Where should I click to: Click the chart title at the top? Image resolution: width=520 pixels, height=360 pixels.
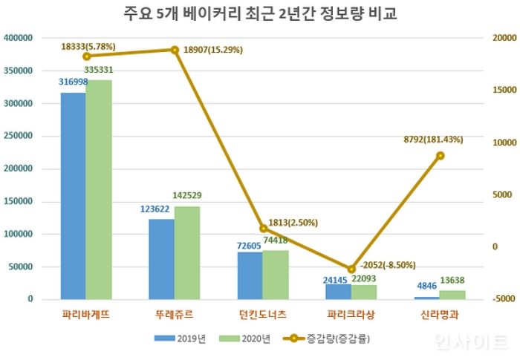[x=259, y=14]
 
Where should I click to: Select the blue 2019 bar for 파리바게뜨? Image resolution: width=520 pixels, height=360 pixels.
[x=74, y=196]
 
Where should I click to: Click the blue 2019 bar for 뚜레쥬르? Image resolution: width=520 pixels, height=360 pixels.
[x=162, y=259]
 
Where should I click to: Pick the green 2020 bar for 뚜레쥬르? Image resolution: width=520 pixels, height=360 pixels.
[x=187, y=253]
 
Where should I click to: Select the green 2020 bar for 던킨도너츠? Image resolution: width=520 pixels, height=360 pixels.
[x=275, y=275]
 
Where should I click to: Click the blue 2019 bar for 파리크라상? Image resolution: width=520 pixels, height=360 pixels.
[x=338, y=291]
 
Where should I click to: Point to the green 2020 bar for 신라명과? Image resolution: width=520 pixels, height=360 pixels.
[x=452, y=295]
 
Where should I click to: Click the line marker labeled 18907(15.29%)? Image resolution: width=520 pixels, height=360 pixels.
[x=175, y=50]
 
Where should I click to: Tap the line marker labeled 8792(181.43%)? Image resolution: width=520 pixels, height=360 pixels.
[x=441, y=156]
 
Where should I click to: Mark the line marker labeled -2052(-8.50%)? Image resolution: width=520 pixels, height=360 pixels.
[x=351, y=269]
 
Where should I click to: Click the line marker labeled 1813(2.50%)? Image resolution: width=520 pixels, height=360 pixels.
[x=263, y=229]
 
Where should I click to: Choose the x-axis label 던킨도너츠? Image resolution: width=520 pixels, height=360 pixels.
[x=263, y=315]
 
